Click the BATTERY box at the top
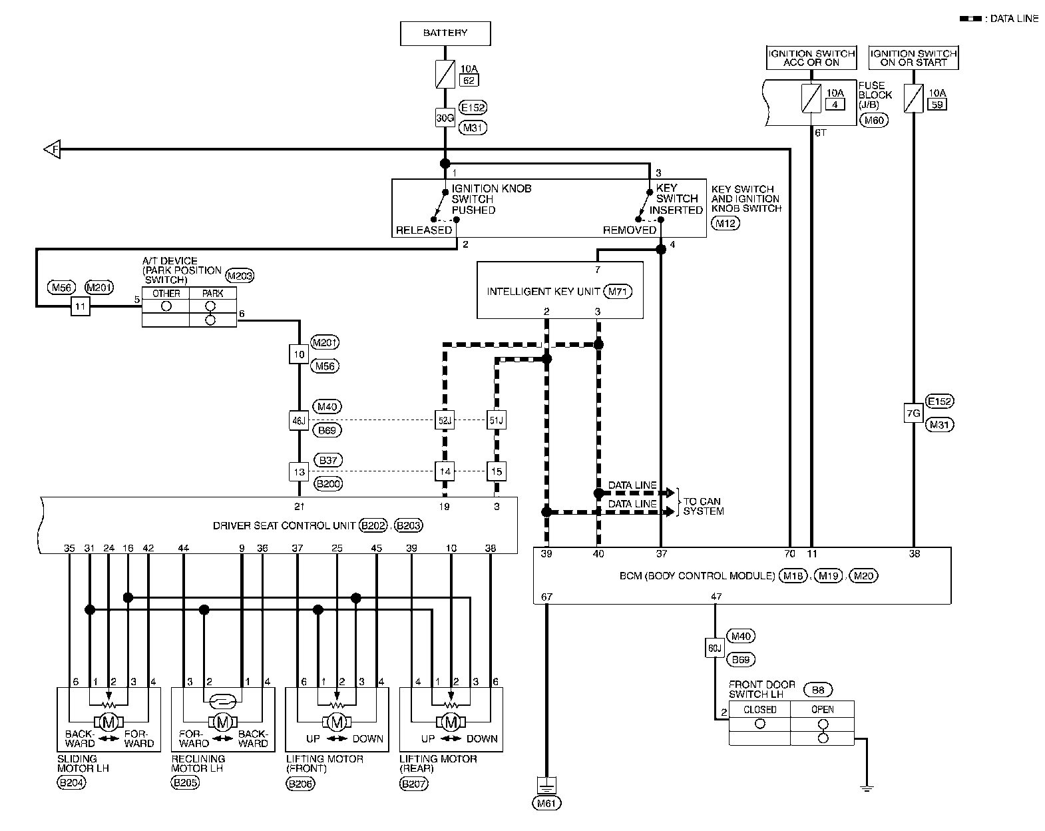click(x=445, y=33)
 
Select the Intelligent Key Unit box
click(x=560, y=290)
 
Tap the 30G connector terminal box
click(x=445, y=118)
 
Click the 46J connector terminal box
click(x=299, y=420)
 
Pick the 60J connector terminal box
click(x=714, y=648)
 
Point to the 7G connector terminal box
click(x=913, y=413)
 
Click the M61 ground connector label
click(x=546, y=803)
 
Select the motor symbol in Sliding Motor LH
click(x=108, y=722)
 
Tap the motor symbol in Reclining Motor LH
click(x=222, y=722)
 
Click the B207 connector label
click(x=414, y=783)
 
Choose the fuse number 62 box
click(x=469, y=81)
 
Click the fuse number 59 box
click(x=937, y=105)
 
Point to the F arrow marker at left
click(x=52, y=148)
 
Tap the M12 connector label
click(x=725, y=224)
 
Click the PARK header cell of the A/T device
click(x=213, y=293)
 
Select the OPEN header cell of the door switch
click(x=822, y=709)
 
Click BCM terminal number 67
click(x=546, y=597)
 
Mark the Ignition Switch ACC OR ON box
click(x=811, y=58)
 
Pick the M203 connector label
click(x=240, y=276)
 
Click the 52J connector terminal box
click(x=445, y=420)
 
